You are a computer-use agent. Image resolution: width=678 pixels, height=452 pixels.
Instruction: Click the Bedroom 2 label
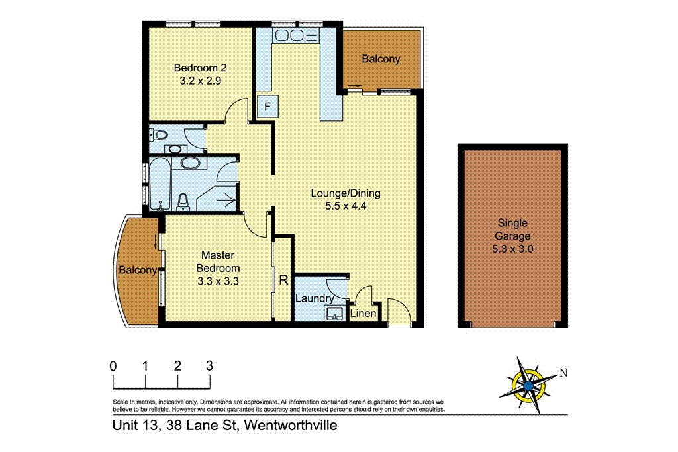tap(200, 68)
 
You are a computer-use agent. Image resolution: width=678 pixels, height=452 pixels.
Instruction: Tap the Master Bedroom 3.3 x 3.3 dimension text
tap(218, 281)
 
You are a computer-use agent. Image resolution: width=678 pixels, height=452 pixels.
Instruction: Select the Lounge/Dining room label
tap(346, 193)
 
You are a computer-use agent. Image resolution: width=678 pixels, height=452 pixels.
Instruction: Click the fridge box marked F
tap(267, 107)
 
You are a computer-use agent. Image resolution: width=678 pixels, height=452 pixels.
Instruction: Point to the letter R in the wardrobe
tap(283, 280)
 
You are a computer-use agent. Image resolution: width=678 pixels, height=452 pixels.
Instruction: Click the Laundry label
tap(315, 299)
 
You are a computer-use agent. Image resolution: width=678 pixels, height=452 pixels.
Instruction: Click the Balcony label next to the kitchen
tap(381, 59)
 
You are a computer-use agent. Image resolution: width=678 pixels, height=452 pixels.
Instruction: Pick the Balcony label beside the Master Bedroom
tap(137, 270)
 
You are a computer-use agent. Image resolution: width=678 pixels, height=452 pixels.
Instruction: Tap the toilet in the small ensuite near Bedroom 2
tap(159, 136)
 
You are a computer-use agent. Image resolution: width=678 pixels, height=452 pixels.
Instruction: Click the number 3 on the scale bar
tap(209, 365)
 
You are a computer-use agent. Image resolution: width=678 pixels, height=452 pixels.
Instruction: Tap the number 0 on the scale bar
tap(114, 365)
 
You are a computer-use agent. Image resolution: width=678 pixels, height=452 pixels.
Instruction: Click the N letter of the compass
tap(563, 373)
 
